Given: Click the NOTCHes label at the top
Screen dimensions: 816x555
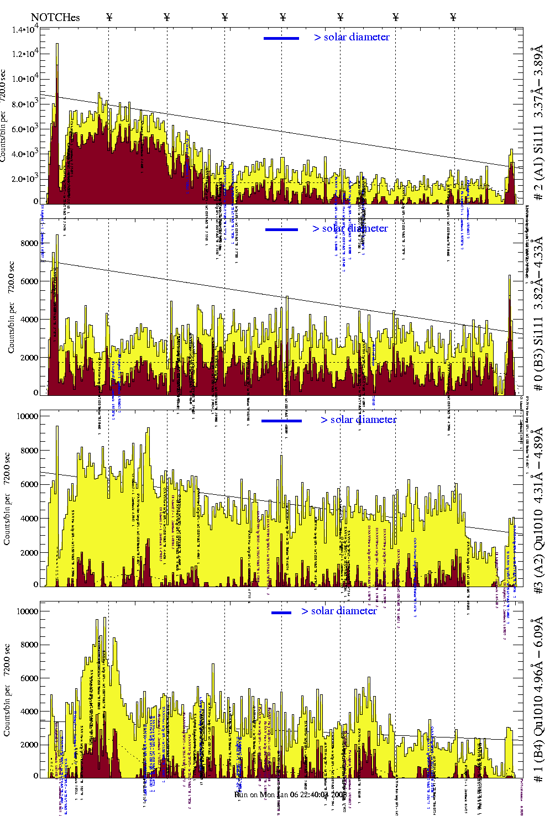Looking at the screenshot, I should coord(55,17).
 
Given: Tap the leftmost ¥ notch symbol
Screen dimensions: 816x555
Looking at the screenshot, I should coord(109,17).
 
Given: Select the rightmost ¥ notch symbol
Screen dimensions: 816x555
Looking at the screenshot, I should coord(453,17).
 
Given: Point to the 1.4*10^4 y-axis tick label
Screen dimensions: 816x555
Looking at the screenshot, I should coord(25,29).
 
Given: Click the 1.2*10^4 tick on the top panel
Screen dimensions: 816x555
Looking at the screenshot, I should coord(25,54).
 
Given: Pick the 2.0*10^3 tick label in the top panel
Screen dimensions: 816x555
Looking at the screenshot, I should coord(25,179).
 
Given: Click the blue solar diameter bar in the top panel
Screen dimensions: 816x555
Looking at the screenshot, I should coord(281,38).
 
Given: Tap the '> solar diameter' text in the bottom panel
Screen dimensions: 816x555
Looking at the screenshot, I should coord(339,611).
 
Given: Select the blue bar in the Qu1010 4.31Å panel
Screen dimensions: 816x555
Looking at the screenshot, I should coord(281,421).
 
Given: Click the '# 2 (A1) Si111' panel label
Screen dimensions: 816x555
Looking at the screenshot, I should coord(538,125).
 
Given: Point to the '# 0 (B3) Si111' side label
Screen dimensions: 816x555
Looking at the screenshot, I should coord(538,314).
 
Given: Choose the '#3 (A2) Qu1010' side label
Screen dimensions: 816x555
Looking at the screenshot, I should coord(538,511).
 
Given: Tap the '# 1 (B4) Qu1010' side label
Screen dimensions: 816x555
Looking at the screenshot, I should coord(538,699).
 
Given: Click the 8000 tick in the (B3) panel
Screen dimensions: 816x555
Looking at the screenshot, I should coord(29,243).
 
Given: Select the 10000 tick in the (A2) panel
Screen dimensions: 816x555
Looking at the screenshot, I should coord(28,416).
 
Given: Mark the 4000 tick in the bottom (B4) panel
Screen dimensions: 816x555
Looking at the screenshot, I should coord(29,712).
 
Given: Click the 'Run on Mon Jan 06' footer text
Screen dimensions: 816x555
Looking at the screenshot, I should coord(290,794).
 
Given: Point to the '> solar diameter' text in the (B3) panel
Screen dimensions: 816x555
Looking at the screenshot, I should coord(350,228).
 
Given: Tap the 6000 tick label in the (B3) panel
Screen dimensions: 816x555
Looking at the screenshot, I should coord(29,281).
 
